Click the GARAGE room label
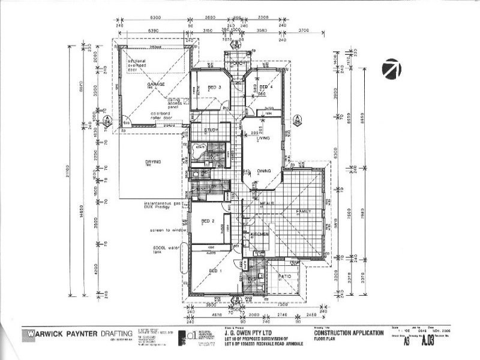tap(156, 85)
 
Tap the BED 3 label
tap(215, 88)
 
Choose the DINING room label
tap(265, 171)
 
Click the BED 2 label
tap(208, 221)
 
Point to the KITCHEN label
tap(259, 233)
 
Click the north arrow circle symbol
tap(391, 70)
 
